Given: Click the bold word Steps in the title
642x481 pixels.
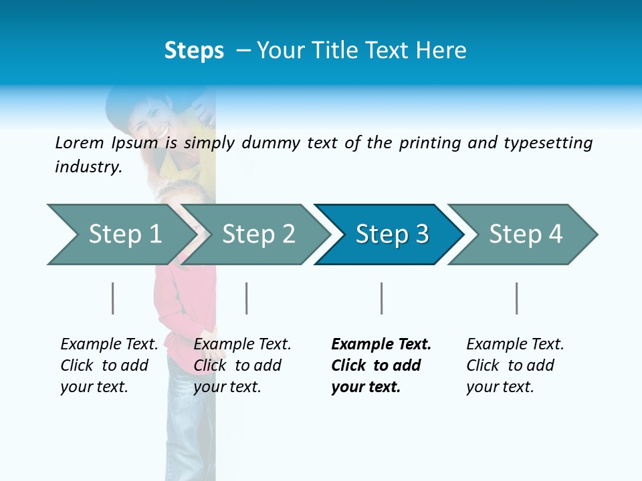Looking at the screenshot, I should tap(194, 51).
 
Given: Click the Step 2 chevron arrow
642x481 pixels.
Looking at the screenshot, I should tap(254, 234).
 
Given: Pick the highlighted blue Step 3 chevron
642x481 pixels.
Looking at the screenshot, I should tap(388, 234).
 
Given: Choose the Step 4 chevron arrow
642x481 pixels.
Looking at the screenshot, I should tap(522, 234).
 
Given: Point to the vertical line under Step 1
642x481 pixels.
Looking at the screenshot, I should tap(113, 298).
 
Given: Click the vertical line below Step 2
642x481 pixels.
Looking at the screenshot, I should tap(247, 298).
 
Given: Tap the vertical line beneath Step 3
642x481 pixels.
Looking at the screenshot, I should tap(381, 298).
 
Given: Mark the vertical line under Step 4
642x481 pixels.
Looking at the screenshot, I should tap(516, 298).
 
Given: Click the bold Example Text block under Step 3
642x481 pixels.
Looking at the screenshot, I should tap(381, 365).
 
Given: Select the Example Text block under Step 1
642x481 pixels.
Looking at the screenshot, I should tap(109, 365).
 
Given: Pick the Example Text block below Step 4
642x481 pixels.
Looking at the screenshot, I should tap(515, 365).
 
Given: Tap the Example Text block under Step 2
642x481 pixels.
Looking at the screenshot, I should tap(242, 365).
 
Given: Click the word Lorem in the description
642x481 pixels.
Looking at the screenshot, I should tap(80, 143).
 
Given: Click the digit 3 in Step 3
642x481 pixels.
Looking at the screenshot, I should tap(421, 234).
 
